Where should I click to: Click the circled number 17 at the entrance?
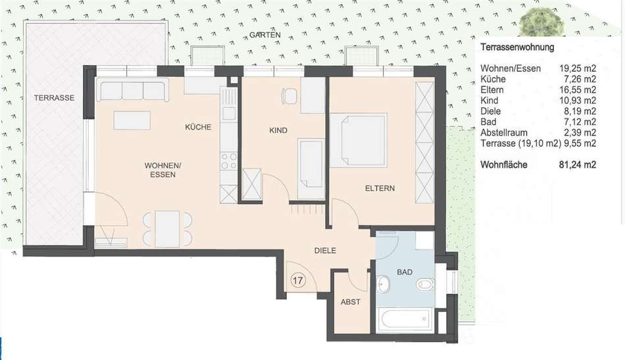pos(298,280)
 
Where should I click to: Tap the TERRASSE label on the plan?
pos(54,97)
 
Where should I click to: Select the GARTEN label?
pos(265,35)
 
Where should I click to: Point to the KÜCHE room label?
pos(198,127)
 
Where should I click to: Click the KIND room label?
pos(278,130)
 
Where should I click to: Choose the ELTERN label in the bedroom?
pos(380,188)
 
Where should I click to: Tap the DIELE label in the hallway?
pos(325,251)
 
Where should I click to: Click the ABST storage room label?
pos(351,302)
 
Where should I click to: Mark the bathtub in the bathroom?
pos(405,320)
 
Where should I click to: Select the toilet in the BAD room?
pos(425,285)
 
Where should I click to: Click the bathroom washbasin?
pos(384,285)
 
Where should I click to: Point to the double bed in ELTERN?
pos(359,140)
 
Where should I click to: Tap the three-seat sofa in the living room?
pos(132,91)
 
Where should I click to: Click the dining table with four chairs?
pos(167,229)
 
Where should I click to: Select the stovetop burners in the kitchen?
pos(229,161)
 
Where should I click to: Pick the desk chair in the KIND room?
pos(289,95)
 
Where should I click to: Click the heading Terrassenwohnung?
pos(517,47)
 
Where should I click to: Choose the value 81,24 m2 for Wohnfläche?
pos(578,165)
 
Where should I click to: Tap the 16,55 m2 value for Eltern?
pos(578,90)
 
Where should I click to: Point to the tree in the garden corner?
pos(541,22)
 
